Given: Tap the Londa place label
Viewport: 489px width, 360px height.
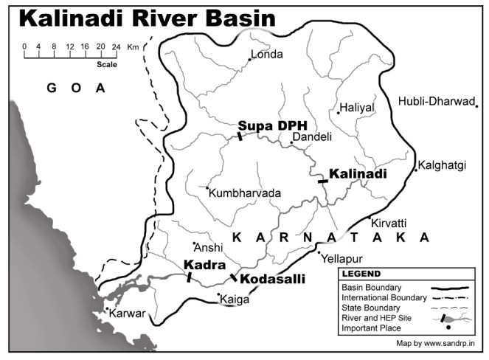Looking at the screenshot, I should click(x=268, y=54).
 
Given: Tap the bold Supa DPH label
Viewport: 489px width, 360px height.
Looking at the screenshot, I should click(x=272, y=125).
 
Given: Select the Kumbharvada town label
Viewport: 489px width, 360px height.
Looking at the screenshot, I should click(x=246, y=193).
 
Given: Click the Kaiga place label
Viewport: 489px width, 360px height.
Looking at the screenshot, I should click(x=236, y=300).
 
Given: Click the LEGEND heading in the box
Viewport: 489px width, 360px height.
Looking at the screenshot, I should click(x=361, y=274).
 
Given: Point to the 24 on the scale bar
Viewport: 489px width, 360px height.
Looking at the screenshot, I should click(x=116, y=46).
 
